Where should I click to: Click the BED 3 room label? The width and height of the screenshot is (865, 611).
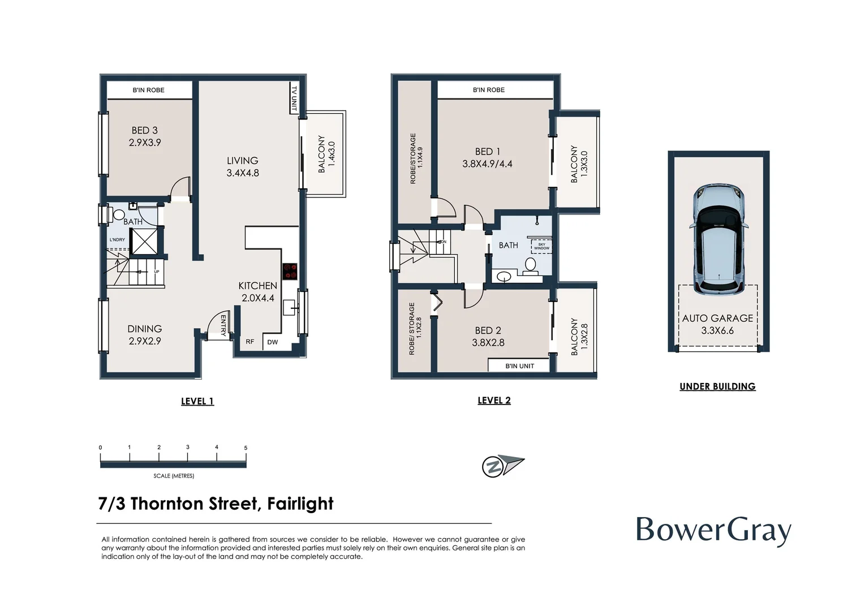(145, 136)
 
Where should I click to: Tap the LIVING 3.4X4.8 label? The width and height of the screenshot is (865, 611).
(243, 167)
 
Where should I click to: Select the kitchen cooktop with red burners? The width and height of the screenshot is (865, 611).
(290, 272)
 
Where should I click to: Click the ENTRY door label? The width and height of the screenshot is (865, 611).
(223, 326)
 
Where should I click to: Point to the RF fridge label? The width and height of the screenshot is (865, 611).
(250, 342)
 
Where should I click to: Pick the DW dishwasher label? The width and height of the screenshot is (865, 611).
(273, 342)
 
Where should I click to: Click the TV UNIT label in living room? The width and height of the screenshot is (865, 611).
(294, 98)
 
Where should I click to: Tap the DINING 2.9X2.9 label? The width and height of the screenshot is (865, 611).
(145, 335)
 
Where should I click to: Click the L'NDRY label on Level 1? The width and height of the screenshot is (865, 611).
(117, 240)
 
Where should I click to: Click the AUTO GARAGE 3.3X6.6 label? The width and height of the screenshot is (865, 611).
(717, 324)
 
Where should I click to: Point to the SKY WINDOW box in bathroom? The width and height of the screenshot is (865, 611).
(541, 247)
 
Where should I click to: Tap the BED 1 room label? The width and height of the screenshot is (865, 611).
(488, 158)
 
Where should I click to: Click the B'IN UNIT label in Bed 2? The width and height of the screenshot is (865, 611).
(519, 366)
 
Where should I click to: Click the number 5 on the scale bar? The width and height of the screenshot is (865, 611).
(246, 448)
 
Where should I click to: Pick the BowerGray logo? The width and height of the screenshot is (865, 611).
(713, 531)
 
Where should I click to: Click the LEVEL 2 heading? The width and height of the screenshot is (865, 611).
(494, 401)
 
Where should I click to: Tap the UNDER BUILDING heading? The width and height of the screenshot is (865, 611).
(717, 386)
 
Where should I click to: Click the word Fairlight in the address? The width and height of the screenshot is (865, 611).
(300, 504)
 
